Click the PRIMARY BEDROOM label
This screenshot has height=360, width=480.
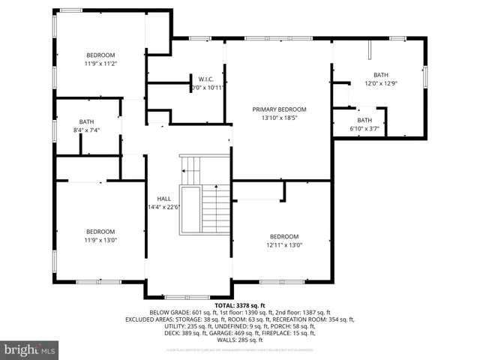[278, 109]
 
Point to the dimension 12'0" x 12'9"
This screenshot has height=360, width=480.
[382, 83]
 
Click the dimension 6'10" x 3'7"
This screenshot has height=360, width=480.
[364, 128]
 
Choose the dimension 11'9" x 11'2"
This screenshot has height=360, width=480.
[100, 63]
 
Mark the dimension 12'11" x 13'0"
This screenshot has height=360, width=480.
[284, 244]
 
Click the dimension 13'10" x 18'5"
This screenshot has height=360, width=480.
[278, 118]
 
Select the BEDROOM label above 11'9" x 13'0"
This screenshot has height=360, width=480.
[100, 231]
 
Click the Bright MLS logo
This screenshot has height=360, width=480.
[30, 349]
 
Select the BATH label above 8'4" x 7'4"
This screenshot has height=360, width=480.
[87, 121]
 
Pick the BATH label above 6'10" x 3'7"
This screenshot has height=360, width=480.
[364, 120]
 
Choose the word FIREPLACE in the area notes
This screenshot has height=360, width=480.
[292, 333]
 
